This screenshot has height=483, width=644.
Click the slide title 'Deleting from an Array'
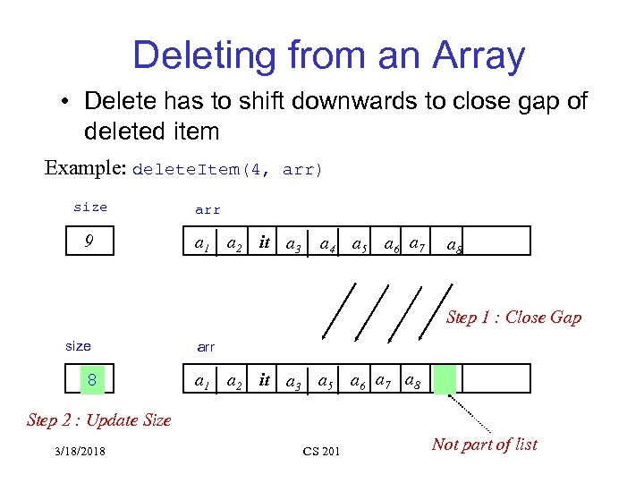click(328, 56)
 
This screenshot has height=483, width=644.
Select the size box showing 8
click(90, 380)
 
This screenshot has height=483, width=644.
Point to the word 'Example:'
click(85, 168)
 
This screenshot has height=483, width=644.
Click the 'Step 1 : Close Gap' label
click(513, 317)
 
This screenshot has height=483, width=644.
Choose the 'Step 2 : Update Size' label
click(98, 419)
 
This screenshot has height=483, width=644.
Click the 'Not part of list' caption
click(484, 445)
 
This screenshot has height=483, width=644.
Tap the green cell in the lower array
click(446, 379)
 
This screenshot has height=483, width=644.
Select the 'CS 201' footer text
click(321, 452)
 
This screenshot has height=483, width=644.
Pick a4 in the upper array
click(328, 244)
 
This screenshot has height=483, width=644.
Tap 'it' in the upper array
click(264, 241)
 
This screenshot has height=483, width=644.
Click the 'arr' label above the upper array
click(208, 210)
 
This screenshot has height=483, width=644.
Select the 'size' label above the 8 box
click(79, 346)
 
